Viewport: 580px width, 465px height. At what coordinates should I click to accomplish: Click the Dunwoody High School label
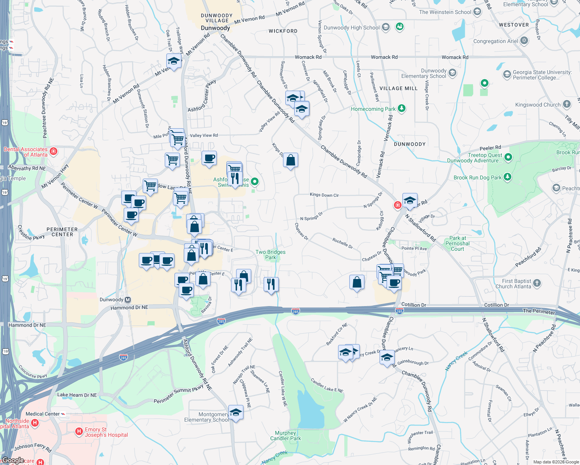(352, 28)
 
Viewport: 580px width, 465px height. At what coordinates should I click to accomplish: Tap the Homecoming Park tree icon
(402, 108)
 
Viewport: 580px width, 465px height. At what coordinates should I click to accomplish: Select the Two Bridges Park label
(271, 255)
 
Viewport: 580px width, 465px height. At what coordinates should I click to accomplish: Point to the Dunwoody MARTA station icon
(128, 300)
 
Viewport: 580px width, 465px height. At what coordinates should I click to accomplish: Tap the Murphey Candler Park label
(285, 436)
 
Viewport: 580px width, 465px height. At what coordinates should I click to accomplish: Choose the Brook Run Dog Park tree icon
(507, 177)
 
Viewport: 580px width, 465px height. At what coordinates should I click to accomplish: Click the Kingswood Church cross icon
(567, 104)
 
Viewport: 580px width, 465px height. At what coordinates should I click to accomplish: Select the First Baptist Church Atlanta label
(513, 284)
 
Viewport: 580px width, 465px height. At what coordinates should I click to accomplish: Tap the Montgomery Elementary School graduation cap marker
(236, 413)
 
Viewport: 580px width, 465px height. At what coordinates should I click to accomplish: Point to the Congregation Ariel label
(495, 41)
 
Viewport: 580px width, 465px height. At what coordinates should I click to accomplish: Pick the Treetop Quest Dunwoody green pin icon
(509, 157)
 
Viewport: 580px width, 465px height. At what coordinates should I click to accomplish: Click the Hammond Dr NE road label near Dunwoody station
(129, 307)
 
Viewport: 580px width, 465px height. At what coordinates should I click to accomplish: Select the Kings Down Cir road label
(324, 195)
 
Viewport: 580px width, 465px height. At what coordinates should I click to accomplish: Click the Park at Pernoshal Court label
(457, 243)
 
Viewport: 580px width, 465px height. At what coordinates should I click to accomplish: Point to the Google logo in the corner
(13, 460)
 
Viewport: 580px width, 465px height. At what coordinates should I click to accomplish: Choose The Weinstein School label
(445, 12)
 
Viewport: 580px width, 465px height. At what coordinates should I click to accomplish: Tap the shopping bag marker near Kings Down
(290, 160)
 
